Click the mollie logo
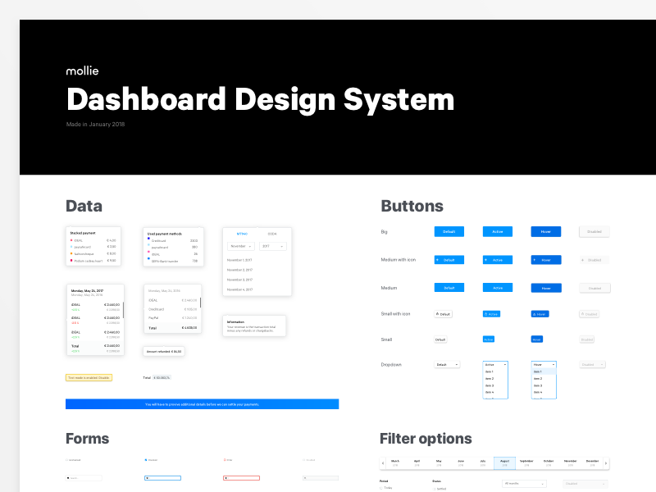pos(82,71)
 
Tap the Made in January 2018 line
pos(95,125)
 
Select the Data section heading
pos(84,206)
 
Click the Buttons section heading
pos(412,206)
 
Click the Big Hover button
pos(546,232)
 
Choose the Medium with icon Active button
pos(498,260)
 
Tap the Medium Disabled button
pos(594,288)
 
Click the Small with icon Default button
pos(443,314)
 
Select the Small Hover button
pos(537,339)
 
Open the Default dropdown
pos(447,364)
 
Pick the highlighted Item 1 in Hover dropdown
pos(544,371)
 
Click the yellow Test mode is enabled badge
pos(89,378)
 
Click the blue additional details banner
pos(202,404)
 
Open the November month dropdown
pos(240,246)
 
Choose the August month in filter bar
pos(504,462)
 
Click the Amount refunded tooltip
pos(164,351)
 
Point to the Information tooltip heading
pos(235,321)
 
